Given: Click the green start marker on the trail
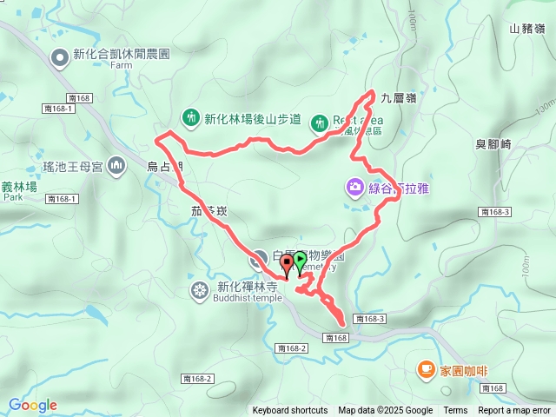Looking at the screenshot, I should pyautogui.click(x=300, y=260).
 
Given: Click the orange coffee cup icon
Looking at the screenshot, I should pyautogui.click(x=426, y=369).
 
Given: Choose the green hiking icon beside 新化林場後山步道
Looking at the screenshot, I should pyautogui.click(x=191, y=117).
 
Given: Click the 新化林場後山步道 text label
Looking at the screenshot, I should pyautogui.click(x=252, y=119).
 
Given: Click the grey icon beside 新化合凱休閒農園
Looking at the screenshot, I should pyautogui.click(x=60, y=58).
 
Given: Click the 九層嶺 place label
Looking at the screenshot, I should pyautogui.click(x=399, y=99).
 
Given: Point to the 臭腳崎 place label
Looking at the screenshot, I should pyautogui.click(x=493, y=144).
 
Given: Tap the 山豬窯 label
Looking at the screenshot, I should pyautogui.click(x=527, y=29).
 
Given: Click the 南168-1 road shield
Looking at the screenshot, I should pyautogui.click(x=63, y=199).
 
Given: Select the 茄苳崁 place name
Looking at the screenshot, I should pyautogui.click(x=208, y=211).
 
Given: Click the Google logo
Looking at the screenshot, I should pyautogui.click(x=32, y=405).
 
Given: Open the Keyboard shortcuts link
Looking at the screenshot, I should pyautogui.click(x=290, y=411).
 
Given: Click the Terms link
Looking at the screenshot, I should pyautogui.click(x=455, y=411).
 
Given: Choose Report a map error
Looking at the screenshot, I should pyautogui.click(x=514, y=411).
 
